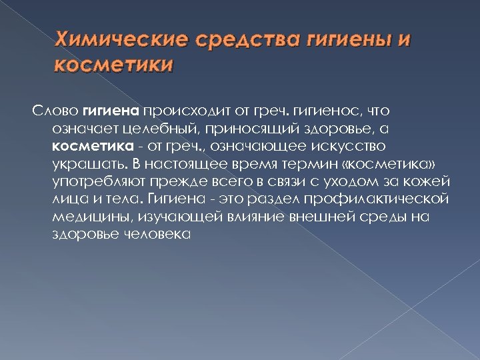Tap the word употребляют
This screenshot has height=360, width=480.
pos(96,181)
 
